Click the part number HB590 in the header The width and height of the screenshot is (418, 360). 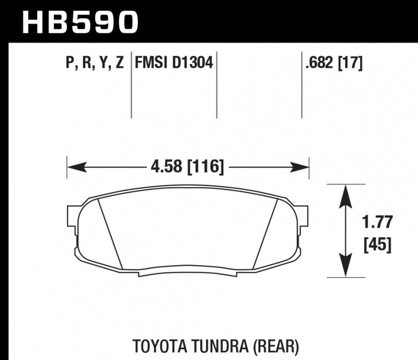pos(80,22)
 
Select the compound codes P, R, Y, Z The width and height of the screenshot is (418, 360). pos(95,64)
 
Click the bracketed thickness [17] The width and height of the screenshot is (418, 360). pos(351,64)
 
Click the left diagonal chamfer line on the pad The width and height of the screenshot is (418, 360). pos(110,235)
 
